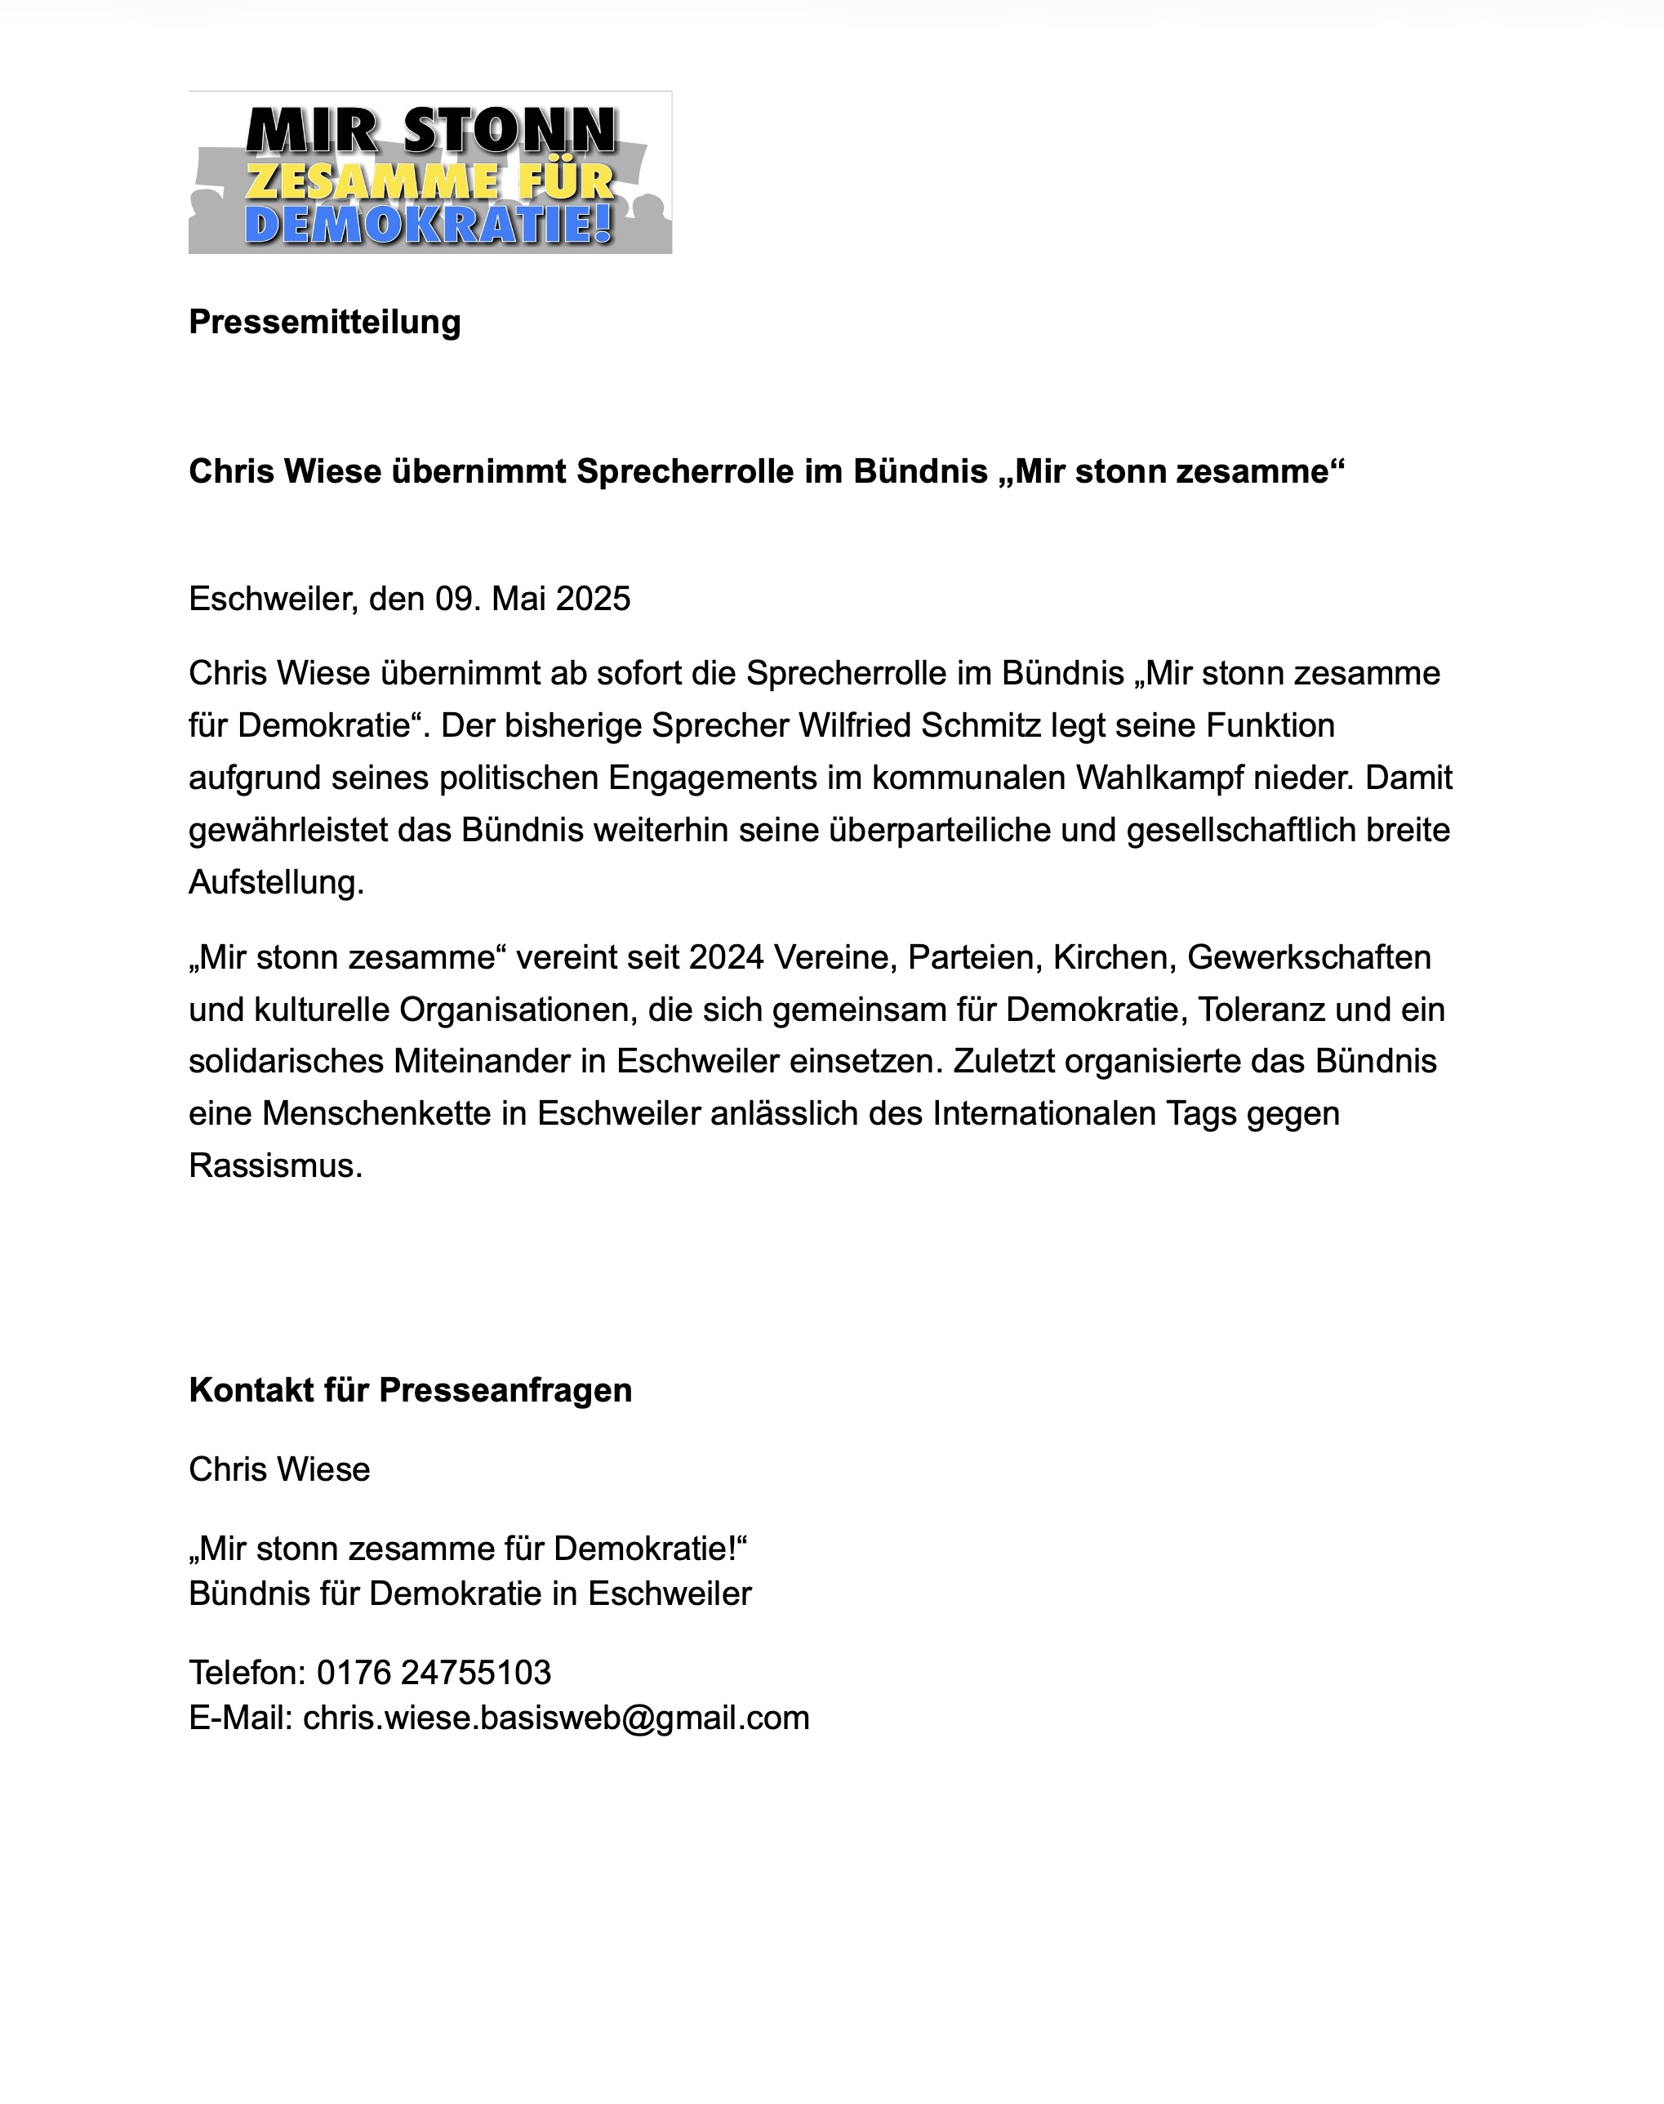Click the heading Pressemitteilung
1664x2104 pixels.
pos(324,322)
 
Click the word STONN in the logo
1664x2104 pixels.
pos(509,131)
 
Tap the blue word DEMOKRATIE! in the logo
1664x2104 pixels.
pos(429,224)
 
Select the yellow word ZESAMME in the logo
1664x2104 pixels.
pos(370,181)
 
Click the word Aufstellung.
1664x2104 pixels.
pos(276,883)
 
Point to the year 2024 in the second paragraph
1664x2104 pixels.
pos(726,958)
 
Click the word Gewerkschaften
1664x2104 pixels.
pos(1308,958)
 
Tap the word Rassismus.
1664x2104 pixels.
pos(276,1166)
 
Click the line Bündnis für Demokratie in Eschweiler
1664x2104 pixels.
pos(469,1594)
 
